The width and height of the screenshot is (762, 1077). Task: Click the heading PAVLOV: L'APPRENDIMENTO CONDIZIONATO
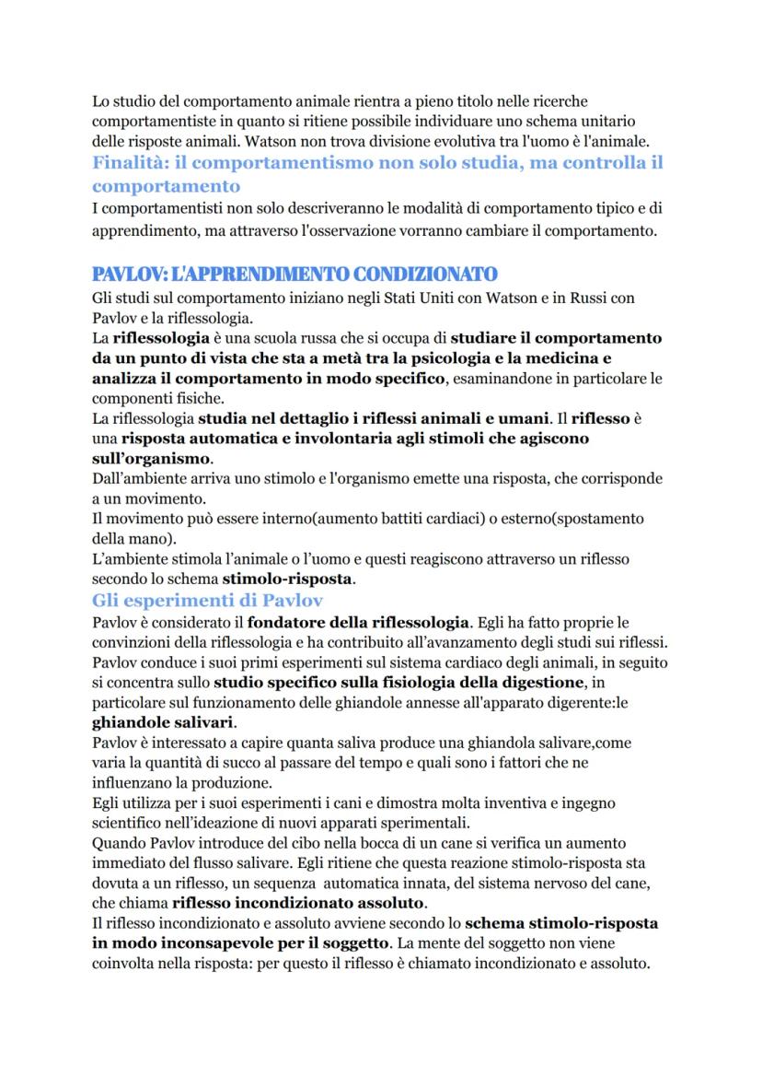pos(294,274)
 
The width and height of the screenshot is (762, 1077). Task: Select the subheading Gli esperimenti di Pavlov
pos(207,600)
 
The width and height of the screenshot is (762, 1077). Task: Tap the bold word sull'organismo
pos(152,458)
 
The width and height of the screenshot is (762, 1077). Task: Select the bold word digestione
pos(536,683)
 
